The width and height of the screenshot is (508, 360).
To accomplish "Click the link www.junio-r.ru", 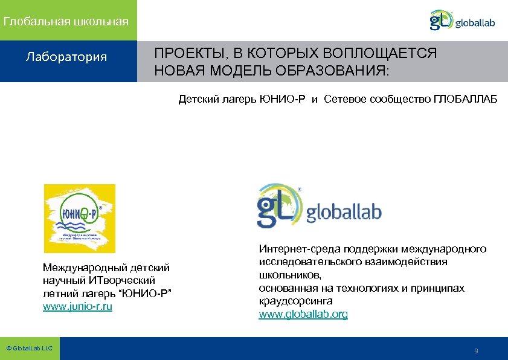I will [x=78, y=307].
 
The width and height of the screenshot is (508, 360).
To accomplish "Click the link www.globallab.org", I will [x=303, y=315].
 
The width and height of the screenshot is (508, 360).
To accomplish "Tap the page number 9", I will [x=477, y=351].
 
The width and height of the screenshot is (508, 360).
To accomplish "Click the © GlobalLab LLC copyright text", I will [x=29, y=349].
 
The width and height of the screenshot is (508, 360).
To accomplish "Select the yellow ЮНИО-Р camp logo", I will [x=80, y=218].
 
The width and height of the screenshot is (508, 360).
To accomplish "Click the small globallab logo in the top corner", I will [x=462, y=21].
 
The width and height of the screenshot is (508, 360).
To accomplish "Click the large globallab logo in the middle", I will [x=319, y=206].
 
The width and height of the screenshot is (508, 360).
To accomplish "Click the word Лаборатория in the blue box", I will [x=66, y=57].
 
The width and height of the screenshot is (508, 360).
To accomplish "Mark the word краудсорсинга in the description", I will [x=295, y=300].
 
